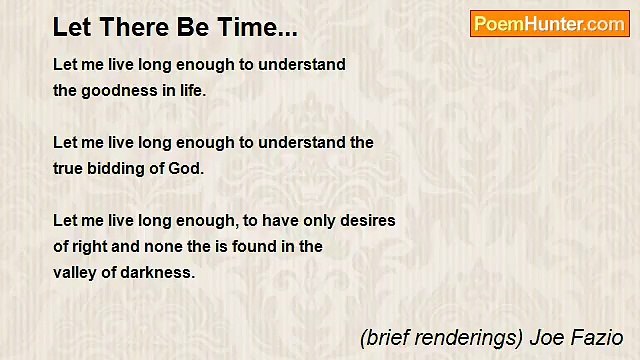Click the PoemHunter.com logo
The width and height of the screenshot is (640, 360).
(x=549, y=24)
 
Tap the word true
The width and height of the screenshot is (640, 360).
(x=69, y=168)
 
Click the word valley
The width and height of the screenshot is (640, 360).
(x=75, y=272)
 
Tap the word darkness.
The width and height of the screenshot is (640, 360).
(x=158, y=272)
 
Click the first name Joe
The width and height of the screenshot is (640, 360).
(x=548, y=338)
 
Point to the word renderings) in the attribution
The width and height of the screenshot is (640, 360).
(x=464, y=338)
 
